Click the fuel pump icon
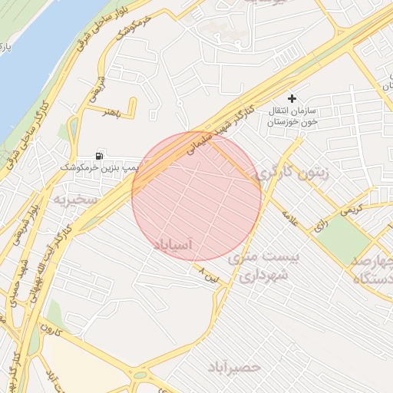(x=100, y=154)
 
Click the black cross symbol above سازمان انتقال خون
(x=291, y=98)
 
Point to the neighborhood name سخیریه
(x=75, y=200)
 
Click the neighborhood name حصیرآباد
(x=235, y=367)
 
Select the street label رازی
(x=319, y=225)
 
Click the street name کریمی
(x=351, y=207)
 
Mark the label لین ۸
(x=208, y=273)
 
